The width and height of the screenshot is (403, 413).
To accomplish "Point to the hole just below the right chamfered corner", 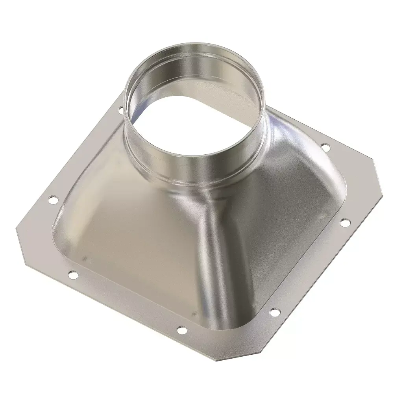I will pos(345,222).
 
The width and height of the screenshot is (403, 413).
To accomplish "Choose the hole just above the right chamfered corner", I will pos(325,148).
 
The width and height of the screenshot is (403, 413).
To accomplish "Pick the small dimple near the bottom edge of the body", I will pos(193,314).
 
